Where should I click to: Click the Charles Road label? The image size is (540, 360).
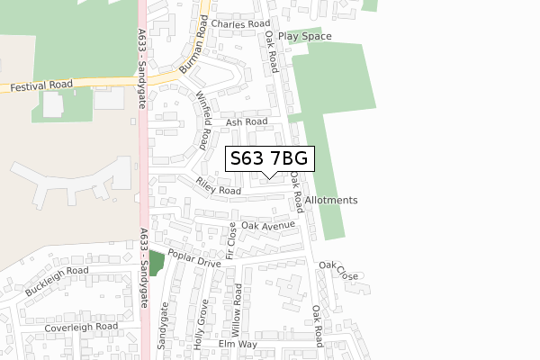241,24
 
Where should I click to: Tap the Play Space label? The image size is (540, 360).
304,37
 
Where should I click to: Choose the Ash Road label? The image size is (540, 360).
247,121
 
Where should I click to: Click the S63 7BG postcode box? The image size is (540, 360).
270,159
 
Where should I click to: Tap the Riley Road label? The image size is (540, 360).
219,186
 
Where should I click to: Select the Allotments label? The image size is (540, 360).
331,200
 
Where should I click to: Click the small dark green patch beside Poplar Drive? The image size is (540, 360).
156,264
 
